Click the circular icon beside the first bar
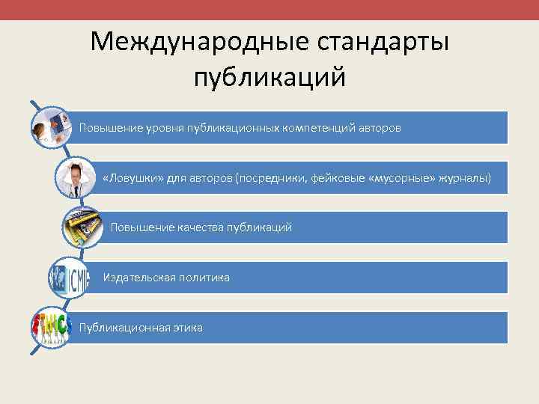(51, 124)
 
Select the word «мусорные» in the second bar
(402, 177)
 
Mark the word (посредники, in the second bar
(272, 177)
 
